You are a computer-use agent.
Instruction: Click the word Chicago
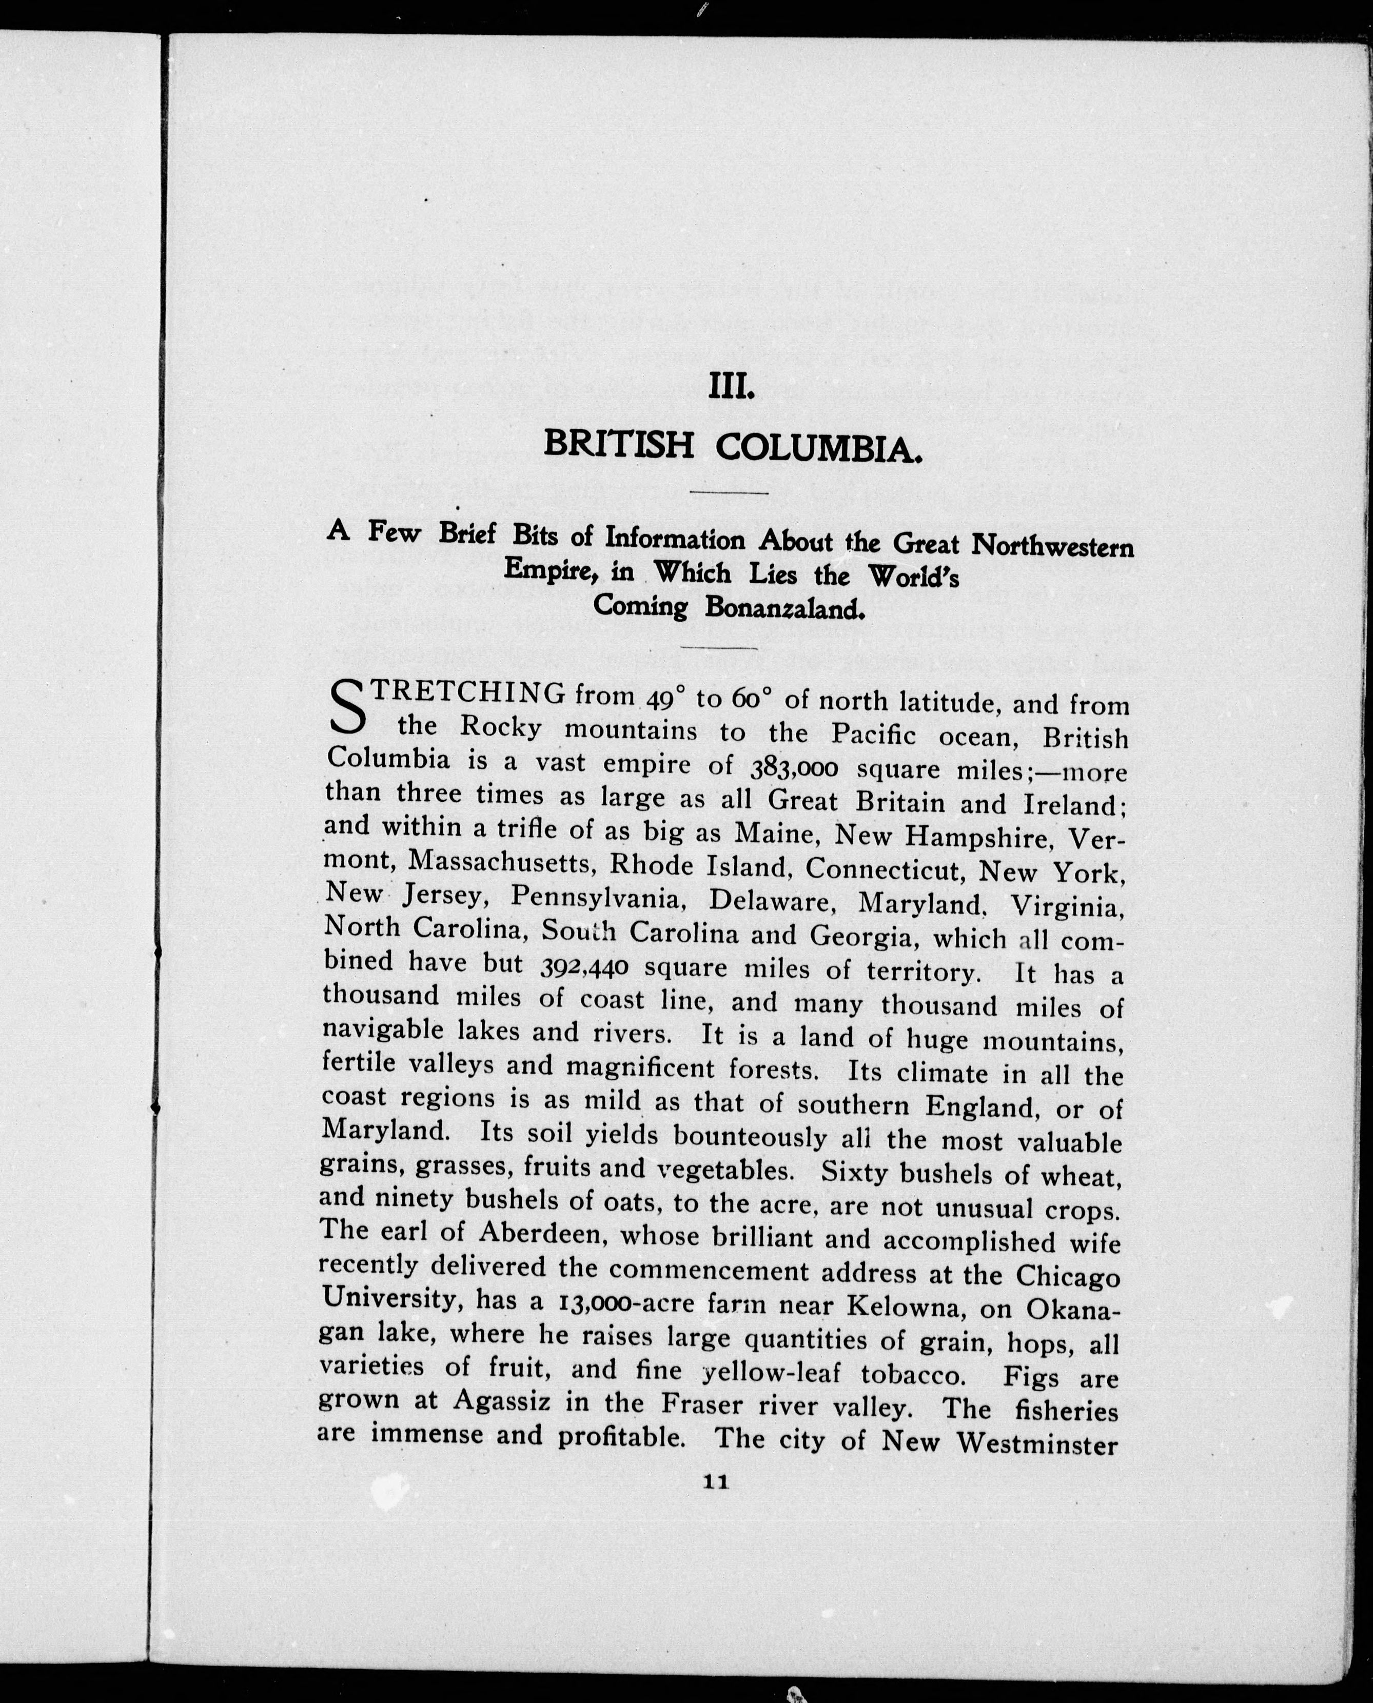click(x=1067, y=1277)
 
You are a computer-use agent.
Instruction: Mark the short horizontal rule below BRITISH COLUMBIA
click(x=729, y=493)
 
